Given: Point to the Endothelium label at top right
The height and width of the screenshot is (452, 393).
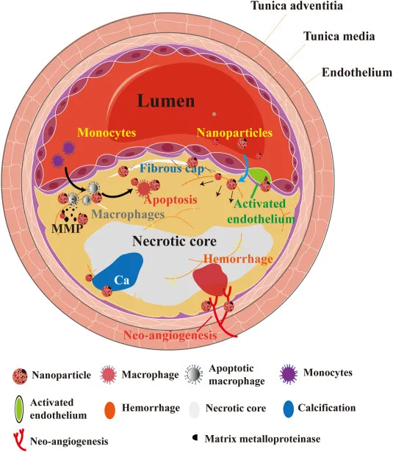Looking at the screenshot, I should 356,72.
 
